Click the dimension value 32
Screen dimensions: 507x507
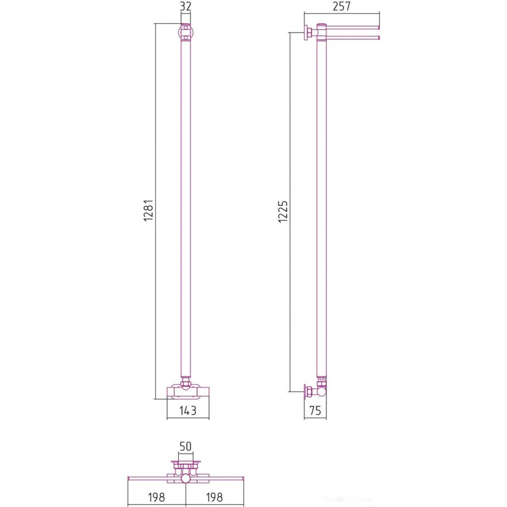coord(185,6)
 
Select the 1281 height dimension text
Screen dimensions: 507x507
coord(148,210)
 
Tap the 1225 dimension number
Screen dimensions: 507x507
coord(282,211)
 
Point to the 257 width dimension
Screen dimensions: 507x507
coord(341,6)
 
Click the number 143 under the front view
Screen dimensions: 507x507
coord(188,410)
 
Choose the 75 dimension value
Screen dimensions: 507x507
coord(315,410)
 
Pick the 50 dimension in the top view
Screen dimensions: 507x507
coord(185,446)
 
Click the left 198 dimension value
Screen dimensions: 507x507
coord(157,497)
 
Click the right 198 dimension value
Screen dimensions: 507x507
coord(214,497)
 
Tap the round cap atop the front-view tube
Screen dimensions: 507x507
coord(186,32)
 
